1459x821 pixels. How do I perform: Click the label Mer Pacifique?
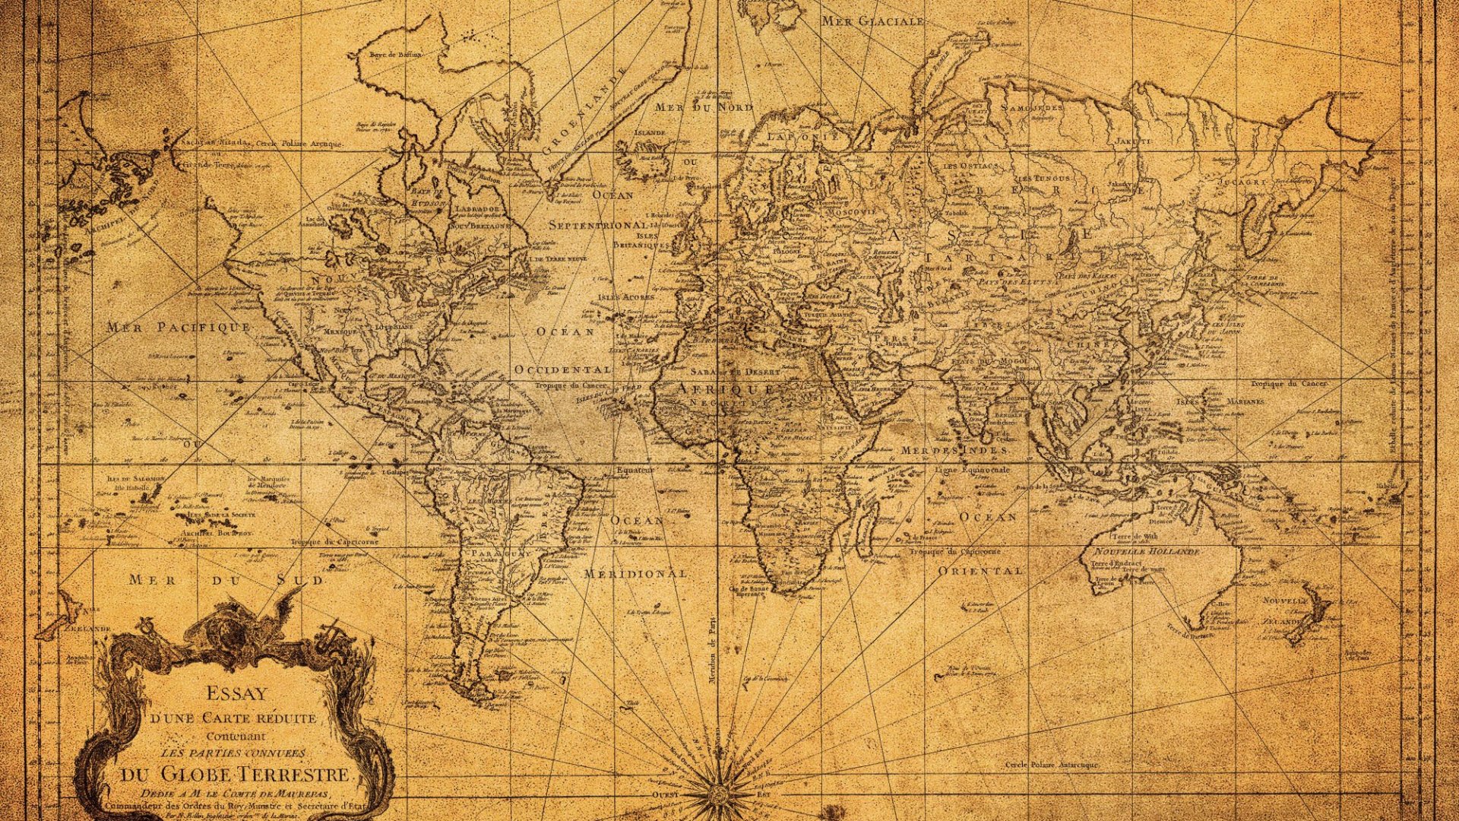click(179, 328)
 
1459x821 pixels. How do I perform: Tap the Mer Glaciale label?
click(873, 21)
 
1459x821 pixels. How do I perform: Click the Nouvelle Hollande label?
click(1147, 550)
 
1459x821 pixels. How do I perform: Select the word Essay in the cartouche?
click(237, 693)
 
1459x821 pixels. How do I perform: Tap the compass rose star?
click(717, 794)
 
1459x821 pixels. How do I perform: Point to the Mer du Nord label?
click(703, 108)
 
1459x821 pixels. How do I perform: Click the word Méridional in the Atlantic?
click(635, 573)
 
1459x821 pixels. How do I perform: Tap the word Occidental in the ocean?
click(562, 369)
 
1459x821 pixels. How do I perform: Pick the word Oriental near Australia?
click(980, 570)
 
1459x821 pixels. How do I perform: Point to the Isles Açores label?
click(625, 297)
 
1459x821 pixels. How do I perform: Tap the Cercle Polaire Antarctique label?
click(1051, 764)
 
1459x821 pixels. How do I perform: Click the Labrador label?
click(476, 208)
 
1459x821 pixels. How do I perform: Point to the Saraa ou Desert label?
click(735, 372)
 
